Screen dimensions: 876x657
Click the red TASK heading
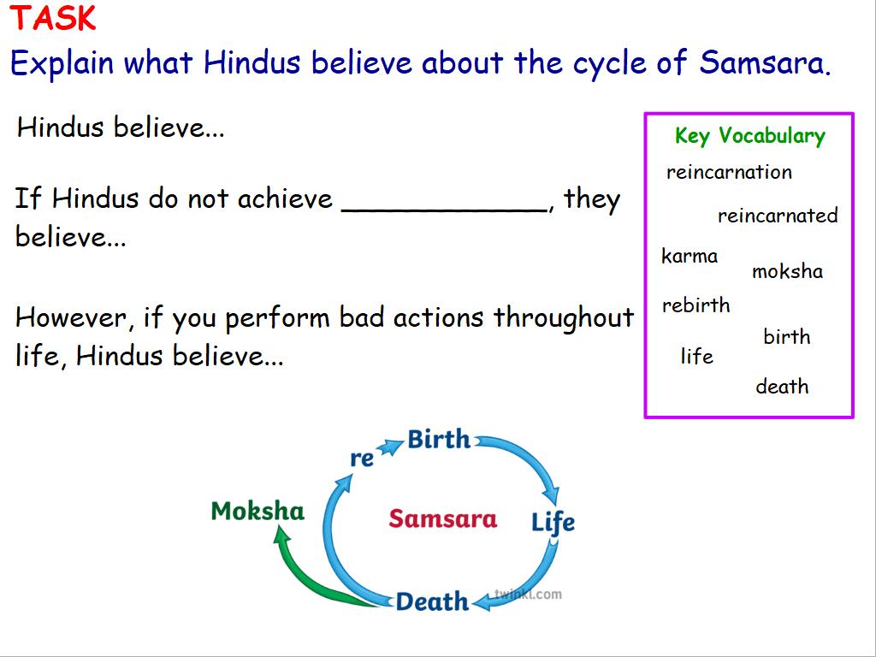tap(53, 18)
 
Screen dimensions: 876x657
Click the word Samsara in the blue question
tap(765, 62)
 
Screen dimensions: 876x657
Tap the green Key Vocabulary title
tap(749, 136)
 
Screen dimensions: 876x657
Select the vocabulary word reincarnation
tap(729, 171)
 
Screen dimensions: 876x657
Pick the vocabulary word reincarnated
tap(778, 215)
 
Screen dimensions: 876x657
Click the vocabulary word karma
tap(690, 256)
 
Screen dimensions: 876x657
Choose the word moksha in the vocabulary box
tap(787, 271)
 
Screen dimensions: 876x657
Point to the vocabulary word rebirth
tap(696, 305)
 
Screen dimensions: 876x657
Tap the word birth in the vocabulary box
tap(787, 336)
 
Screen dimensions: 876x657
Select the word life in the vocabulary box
tap(696, 356)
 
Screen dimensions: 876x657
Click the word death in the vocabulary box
tap(782, 386)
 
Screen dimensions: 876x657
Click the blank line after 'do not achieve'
tap(444, 210)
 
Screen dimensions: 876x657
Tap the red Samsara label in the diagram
tap(443, 518)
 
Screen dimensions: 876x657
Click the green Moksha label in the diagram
tap(257, 511)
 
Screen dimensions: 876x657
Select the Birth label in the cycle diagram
tap(439, 439)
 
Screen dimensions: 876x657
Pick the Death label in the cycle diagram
tap(432, 601)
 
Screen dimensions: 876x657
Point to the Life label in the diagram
tap(553, 523)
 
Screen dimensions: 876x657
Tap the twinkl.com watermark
tap(529, 594)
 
